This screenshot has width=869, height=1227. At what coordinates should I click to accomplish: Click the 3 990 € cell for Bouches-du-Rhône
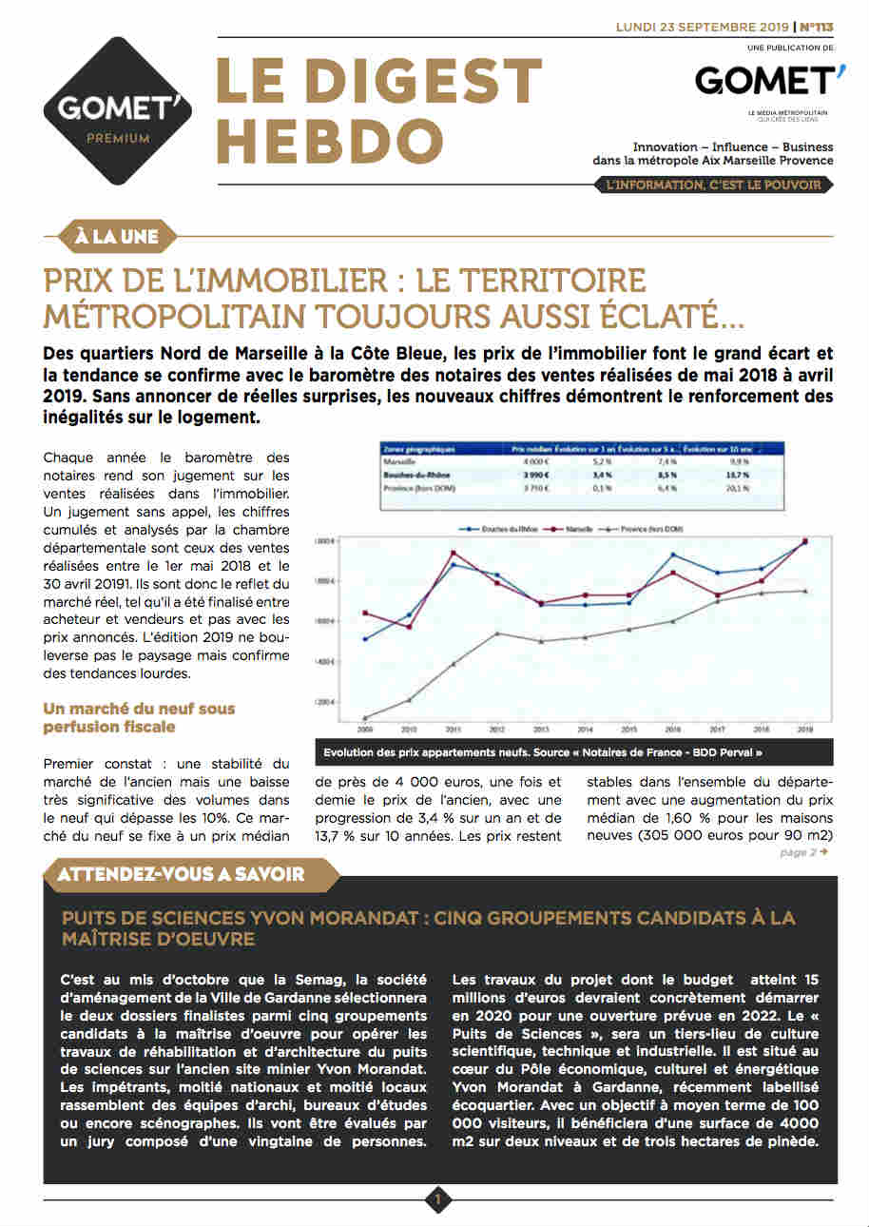(528, 474)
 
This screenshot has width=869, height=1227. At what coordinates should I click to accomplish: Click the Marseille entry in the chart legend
(583, 528)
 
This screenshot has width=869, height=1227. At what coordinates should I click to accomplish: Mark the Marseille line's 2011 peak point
(452, 553)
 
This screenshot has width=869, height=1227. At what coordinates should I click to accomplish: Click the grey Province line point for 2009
(365, 718)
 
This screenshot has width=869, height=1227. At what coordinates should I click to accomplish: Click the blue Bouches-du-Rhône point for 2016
(673, 555)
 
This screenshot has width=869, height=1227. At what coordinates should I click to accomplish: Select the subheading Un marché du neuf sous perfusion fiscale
(139, 717)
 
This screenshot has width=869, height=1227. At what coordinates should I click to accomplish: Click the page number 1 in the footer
(437, 1200)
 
